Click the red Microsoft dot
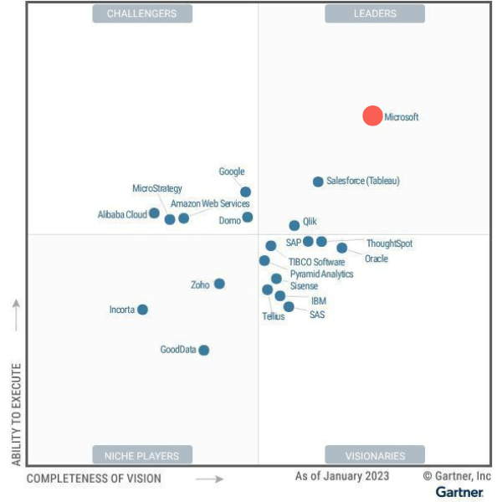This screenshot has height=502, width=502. click(x=372, y=116)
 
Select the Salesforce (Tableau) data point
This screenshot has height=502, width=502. click(x=318, y=182)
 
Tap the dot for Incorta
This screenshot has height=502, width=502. click(x=142, y=310)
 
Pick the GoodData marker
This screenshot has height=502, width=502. click(x=203, y=350)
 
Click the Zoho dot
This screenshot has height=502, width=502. click(x=219, y=284)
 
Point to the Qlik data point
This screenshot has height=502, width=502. click(x=295, y=225)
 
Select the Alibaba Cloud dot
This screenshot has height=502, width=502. click(x=154, y=213)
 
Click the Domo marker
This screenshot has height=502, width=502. click(x=248, y=218)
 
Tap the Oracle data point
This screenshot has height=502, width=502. click(x=341, y=248)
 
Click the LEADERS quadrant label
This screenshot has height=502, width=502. click(x=374, y=13)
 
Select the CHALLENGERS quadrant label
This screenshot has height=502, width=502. click(x=142, y=13)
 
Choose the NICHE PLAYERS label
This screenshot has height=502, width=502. click(x=142, y=456)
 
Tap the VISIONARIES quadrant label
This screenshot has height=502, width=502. click(x=374, y=456)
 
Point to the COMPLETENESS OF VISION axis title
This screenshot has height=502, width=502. click(x=94, y=479)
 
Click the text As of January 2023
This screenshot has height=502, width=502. click(x=342, y=476)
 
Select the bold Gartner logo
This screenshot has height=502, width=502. click(x=459, y=492)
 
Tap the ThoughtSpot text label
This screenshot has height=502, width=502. click(x=389, y=243)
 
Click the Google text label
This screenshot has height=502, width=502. click(x=232, y=172)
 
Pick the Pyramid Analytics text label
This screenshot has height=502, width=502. click(x=321, y=274)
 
